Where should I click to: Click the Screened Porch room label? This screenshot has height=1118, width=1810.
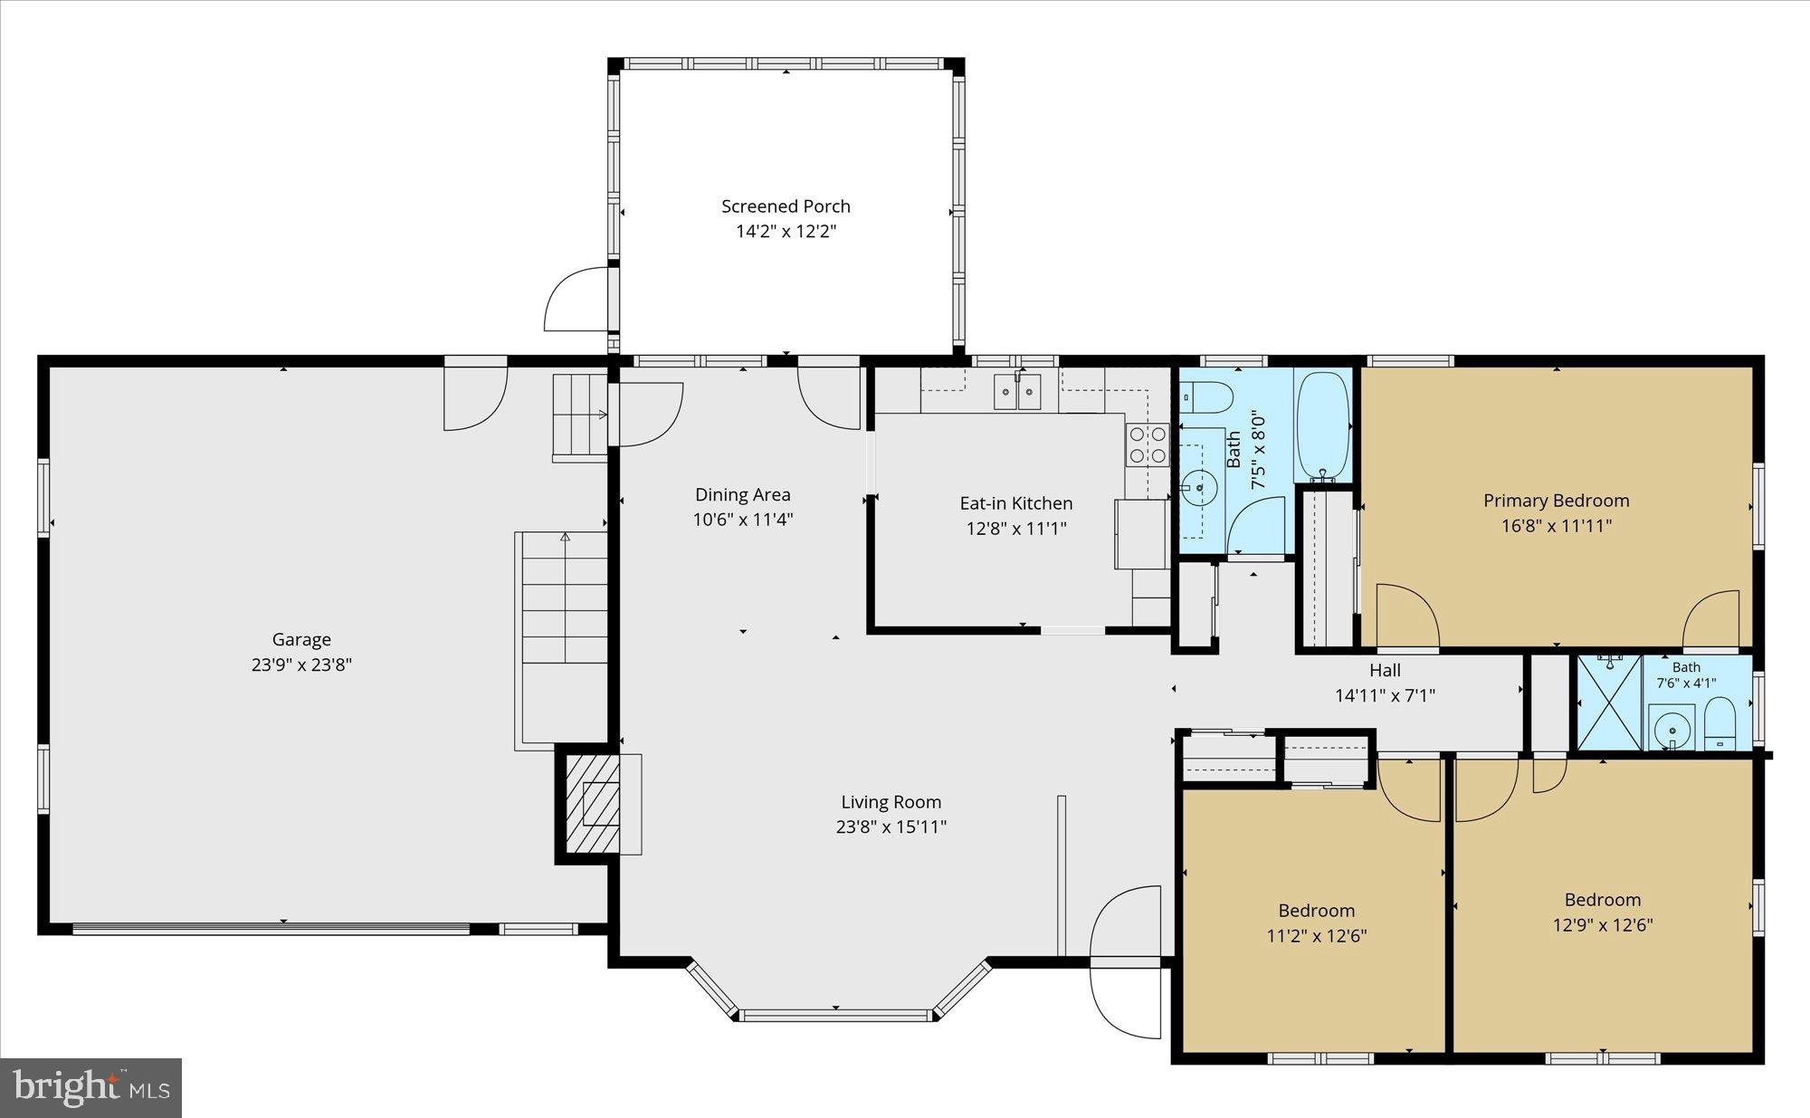[786, 206]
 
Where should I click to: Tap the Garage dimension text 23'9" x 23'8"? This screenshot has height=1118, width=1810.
[301, 664]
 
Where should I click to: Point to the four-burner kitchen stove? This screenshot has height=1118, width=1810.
[1147, 444]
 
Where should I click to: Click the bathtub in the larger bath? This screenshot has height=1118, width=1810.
[1322, 425]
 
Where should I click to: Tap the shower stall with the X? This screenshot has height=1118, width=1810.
[1609, 702]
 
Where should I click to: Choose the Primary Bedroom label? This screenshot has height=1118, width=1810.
[1556, 501]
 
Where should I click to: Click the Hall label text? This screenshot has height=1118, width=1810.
[1385, 670]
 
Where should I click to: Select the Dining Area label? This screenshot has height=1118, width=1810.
[742, 494]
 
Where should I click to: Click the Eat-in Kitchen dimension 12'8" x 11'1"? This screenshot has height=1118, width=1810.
[1016, 528]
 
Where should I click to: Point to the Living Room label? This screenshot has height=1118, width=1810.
[891, 801]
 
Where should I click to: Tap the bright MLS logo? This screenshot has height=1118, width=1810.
[90, 1087]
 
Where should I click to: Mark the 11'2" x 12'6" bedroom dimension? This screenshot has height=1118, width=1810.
[1316, 935]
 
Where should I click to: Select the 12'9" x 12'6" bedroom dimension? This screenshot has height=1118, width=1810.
[1602, 924]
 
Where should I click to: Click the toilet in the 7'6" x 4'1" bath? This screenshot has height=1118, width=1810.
[1719, 722]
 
